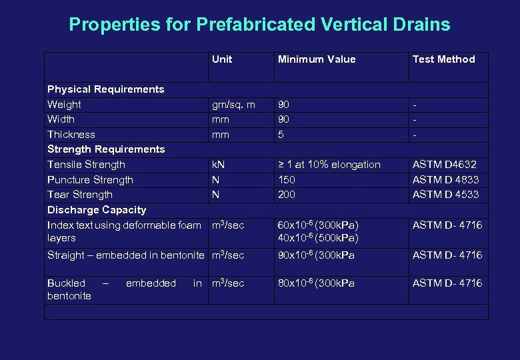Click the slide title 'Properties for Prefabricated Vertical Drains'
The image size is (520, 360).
point(259,25)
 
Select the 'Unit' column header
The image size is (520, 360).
point(222,59)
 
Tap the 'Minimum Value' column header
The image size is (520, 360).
point(317,59)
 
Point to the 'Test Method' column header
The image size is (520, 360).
point(443,59)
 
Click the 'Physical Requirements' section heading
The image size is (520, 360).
point(105,89)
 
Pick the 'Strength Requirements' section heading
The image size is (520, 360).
point(105,149)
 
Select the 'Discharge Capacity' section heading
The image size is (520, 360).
point(97,210)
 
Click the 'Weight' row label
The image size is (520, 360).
point(64,105)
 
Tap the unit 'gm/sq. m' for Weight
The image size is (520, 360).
point(233,105)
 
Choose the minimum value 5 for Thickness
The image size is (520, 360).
point(281,135)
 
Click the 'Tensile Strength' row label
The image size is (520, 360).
point(86,165)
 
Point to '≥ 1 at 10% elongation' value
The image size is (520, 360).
point(329,165)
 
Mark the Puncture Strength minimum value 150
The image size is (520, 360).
point(287,180)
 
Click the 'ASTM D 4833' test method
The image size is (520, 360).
point(445,180)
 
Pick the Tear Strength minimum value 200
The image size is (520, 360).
point(287,195)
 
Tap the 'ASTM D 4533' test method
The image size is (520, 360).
point(445,195)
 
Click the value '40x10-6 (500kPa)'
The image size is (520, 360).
point(318,238)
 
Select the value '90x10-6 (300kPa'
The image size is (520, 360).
point(316,255)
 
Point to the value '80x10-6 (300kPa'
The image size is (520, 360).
point(316,283)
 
